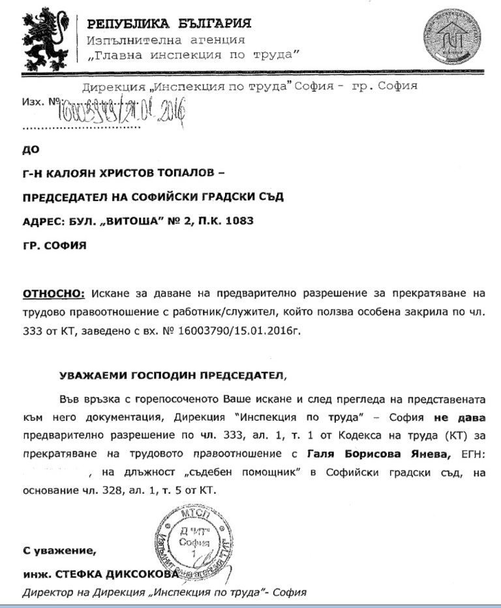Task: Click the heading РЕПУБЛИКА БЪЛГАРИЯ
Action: [x=169, y=24]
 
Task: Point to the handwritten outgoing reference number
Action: [x=124, y=106]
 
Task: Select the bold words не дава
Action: [x=464, y=416]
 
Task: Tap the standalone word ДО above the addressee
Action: [x=31, y=149]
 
